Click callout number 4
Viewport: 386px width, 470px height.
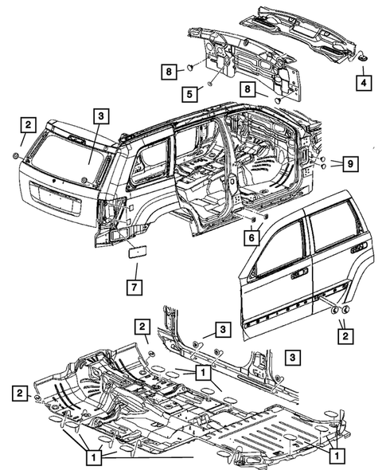click(362, 81)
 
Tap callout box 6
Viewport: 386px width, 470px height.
click(251, 237)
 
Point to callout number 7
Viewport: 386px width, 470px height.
click(135, 285)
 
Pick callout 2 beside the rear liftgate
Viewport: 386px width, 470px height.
click(28, 124)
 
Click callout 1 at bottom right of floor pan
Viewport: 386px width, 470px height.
click(335, 456)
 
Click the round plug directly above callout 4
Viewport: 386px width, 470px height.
click(362, 58)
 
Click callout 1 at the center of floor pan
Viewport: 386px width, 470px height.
click(203, 372)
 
